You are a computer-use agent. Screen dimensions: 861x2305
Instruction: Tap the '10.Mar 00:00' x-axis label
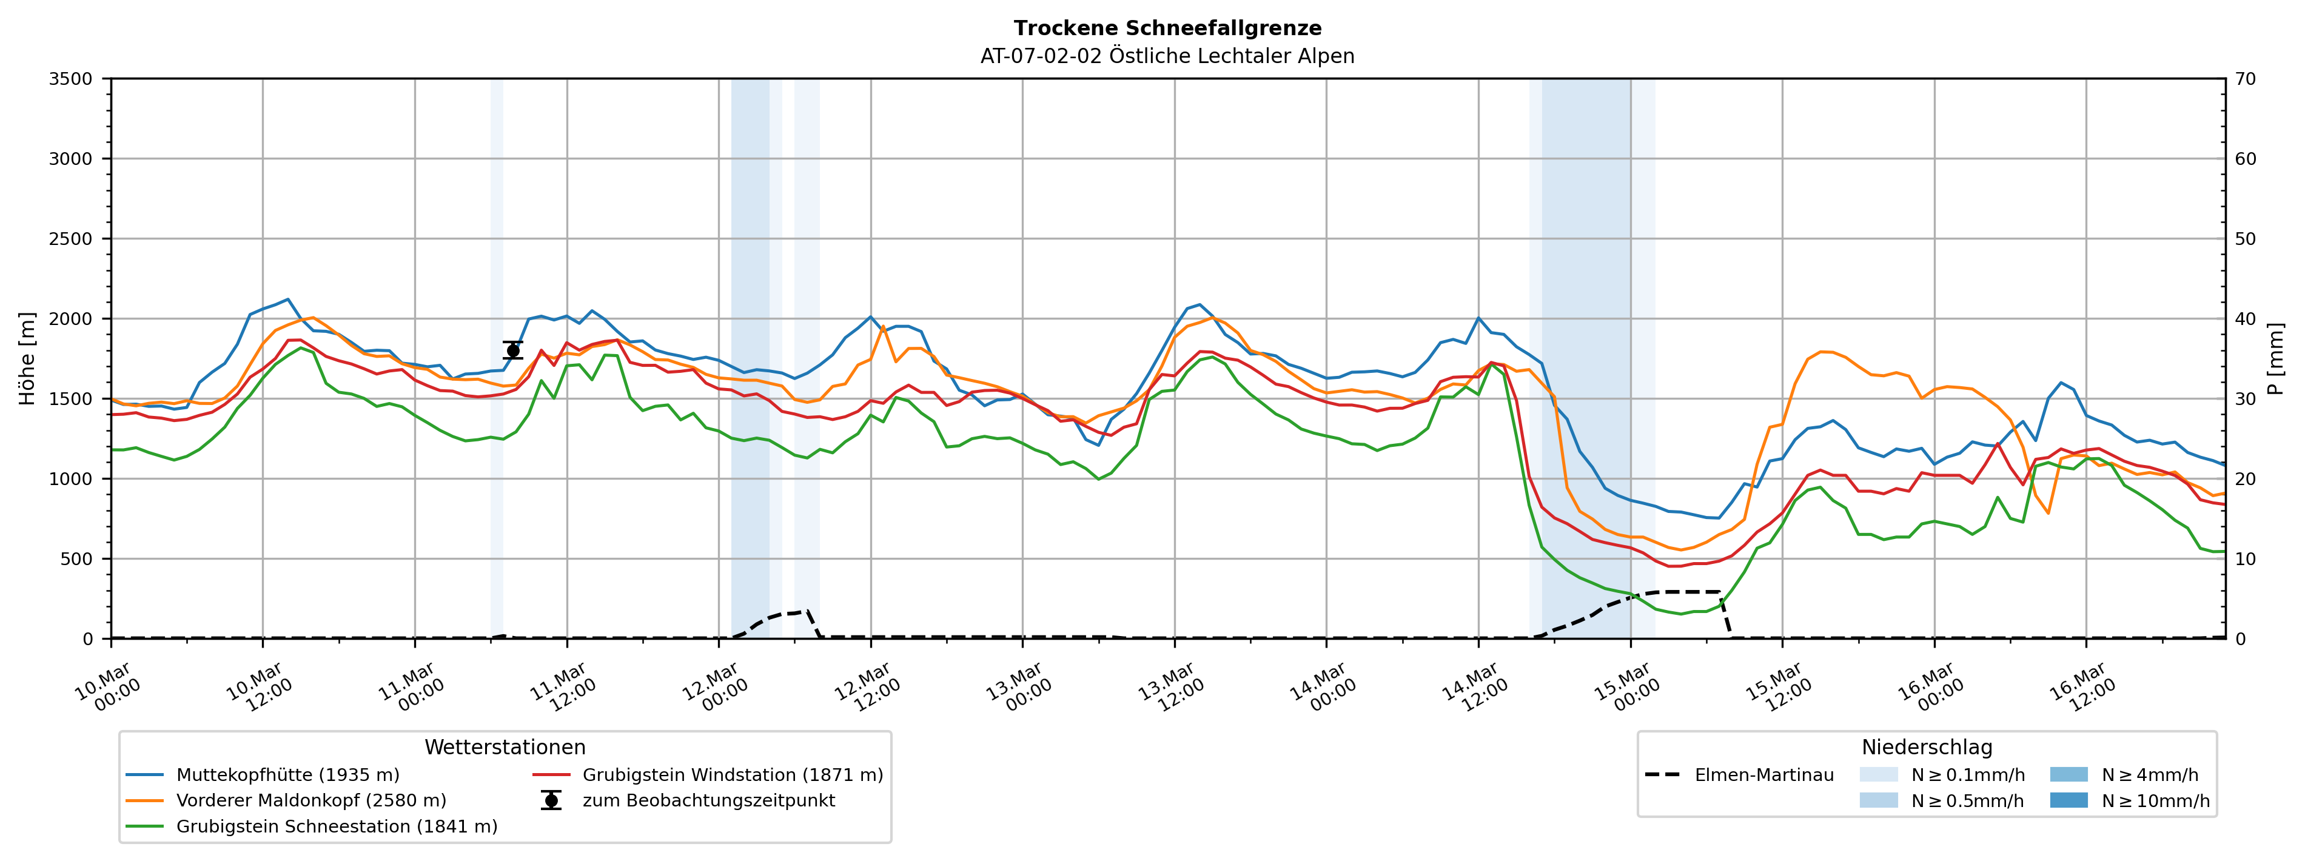pos(107,688)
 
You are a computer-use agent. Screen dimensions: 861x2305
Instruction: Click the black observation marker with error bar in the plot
pos(512,350)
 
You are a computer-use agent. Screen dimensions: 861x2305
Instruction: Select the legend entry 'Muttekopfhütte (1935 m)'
pos(287,775)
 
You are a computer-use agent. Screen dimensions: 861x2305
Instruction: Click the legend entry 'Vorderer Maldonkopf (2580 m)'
pos(310,801)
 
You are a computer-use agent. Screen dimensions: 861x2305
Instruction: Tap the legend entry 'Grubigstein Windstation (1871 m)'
pos(732,775)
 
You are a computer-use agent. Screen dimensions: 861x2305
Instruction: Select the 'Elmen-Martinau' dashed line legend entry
pos(1763,775)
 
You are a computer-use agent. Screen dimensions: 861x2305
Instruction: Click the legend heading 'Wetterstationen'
pos(505,748)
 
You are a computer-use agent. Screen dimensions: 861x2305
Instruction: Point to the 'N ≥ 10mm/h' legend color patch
pos(2068,801)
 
